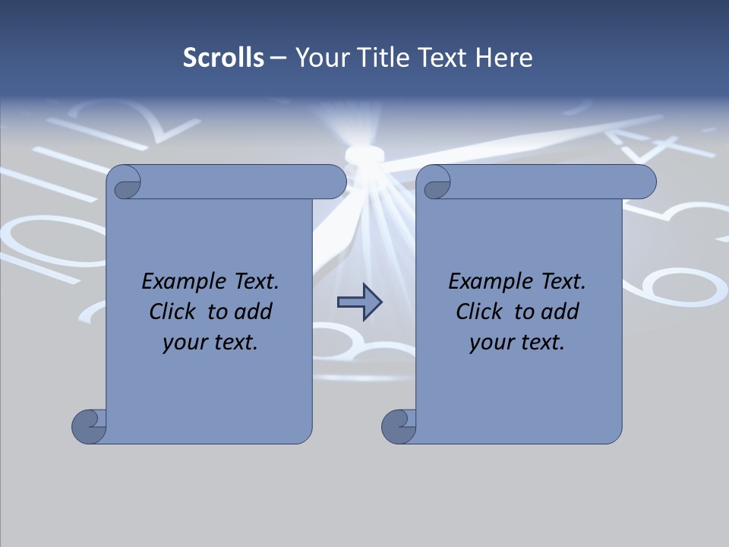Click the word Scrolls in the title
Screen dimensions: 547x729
point(223,58)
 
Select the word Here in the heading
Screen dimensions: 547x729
point(503,58)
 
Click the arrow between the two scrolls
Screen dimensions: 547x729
point(359,302)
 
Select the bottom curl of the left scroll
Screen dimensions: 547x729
point(90,425)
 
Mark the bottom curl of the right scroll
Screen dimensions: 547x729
point(399,425)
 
